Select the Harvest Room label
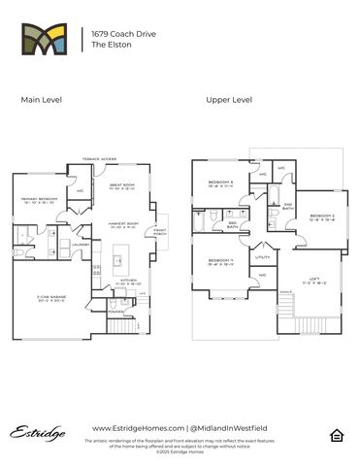pos(123,224)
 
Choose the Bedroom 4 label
pos(219,260)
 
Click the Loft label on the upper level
pos(312,281)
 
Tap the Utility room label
pos(262,256)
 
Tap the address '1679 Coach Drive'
pos(124,33)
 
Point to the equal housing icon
pos(337,434)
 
